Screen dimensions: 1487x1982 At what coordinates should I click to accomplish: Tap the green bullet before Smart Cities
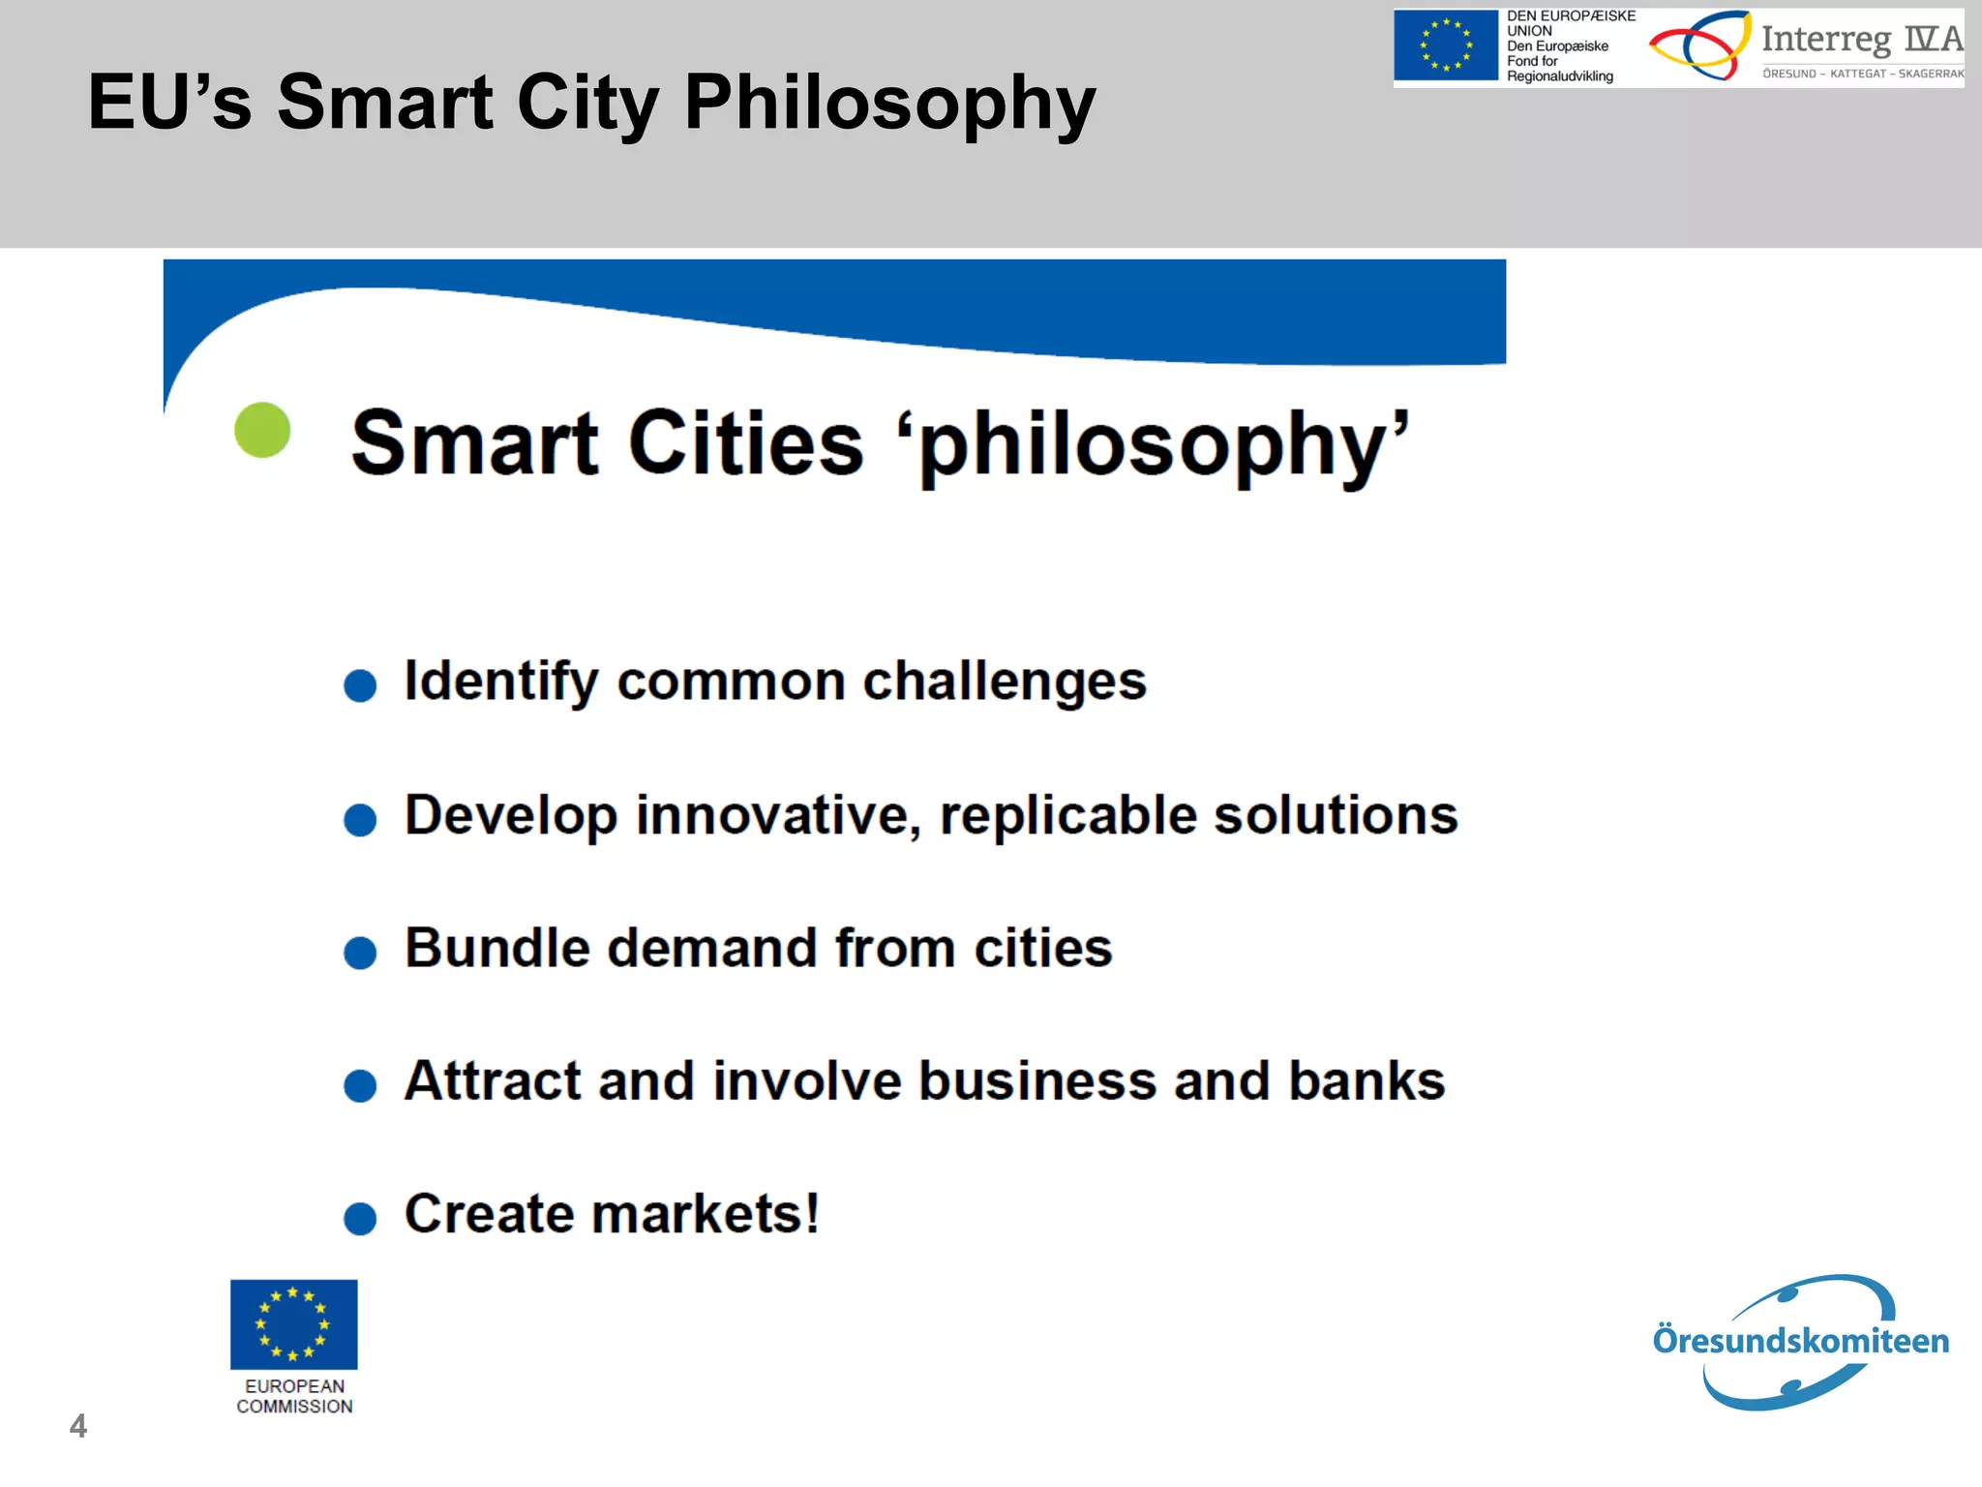[262, 430]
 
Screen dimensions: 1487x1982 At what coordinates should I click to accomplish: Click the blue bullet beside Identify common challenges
[360, 685]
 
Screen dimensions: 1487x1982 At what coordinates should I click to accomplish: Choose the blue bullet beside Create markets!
[360, 1218]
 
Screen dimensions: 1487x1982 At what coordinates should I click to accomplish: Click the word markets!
[706, 1214]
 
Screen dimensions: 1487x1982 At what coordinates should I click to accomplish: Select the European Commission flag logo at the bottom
[293, 1323]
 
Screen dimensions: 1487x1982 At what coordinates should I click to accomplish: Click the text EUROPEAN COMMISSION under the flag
[294, 1396]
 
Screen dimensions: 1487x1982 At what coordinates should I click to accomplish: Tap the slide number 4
[78, 1426]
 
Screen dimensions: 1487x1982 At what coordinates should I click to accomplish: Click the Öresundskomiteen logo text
[1800, 1341]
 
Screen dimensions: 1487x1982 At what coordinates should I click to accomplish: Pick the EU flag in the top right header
[1445, 46]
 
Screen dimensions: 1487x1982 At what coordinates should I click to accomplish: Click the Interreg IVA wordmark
[1861, 39]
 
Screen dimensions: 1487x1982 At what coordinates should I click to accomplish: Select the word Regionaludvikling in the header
[1559, 76]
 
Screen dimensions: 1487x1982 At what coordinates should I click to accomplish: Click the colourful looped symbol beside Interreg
[1699, 45]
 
